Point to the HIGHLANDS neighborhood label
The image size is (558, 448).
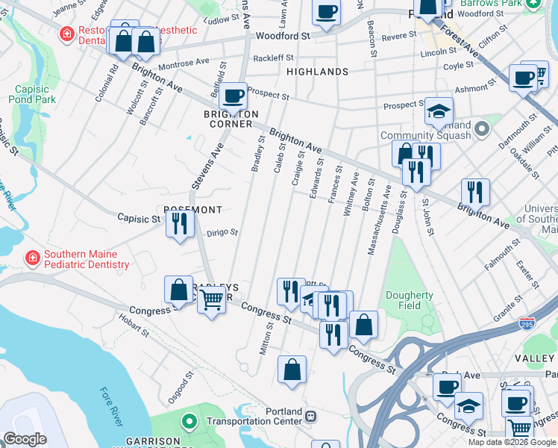point(318,72)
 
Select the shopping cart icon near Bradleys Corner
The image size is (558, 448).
point(212,300)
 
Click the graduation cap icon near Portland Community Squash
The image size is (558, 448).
point(439,111)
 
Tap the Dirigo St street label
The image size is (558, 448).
point(222,232)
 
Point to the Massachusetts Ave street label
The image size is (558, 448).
point(377,221)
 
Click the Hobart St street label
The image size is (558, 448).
point(134,329)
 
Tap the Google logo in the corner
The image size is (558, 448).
point(25,438)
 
